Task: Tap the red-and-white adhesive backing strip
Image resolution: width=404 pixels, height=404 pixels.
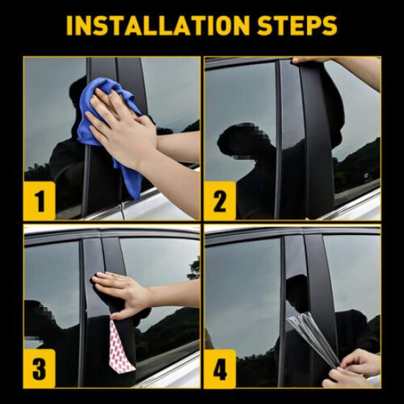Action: (x=121, y=345)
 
